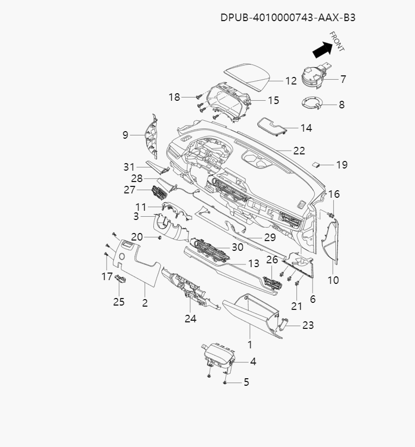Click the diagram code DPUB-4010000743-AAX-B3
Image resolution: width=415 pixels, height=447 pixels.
click(288, 17)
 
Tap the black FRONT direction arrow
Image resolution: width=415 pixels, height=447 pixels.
click(322, 50)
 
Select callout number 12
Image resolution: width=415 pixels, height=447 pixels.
click(291, 81)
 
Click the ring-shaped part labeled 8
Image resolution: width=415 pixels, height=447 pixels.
click(313, 102)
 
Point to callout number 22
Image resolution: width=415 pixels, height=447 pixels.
click(299, 151)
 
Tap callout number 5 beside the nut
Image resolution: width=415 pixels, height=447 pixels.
click(246, 382)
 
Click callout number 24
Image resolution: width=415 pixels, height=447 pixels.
click(190, 318)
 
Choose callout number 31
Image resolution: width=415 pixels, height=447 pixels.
click(128, 166)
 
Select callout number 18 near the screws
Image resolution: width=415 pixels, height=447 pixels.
click(174, 97)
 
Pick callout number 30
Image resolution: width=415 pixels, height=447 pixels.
click(237, 247)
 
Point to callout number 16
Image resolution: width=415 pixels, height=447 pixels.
click(334, 194)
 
